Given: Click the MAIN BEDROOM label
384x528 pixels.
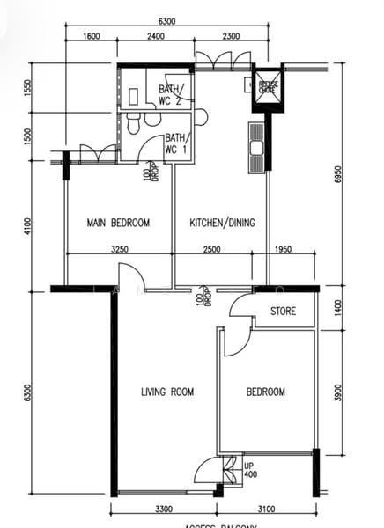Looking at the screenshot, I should coord(118,223).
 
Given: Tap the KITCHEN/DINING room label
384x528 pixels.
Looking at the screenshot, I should coord(222,223).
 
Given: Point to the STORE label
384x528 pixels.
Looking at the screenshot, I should coord(283,312).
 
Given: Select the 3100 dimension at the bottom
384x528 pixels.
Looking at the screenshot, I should coord(268,508).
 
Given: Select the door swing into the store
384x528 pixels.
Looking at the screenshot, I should coord(240,305).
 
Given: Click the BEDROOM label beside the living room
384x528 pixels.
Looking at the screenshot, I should coord(265,392).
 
